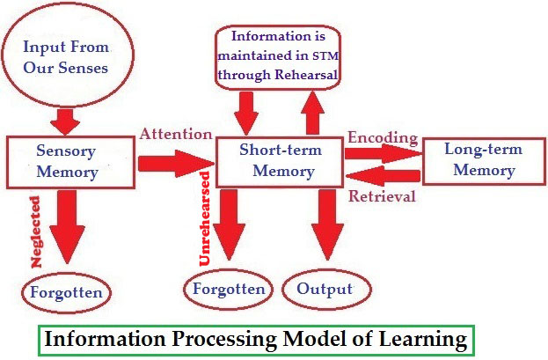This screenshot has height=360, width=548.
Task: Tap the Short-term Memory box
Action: tap(280, 160)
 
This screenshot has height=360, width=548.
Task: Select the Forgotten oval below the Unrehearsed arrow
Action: tap(229, 289)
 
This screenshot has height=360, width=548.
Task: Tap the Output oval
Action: tap(324, 289)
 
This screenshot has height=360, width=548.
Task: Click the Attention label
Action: tap(176, 135)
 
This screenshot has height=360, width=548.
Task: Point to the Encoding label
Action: tap(382, 137)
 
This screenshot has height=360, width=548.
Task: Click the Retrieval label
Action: tap(382, 195)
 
